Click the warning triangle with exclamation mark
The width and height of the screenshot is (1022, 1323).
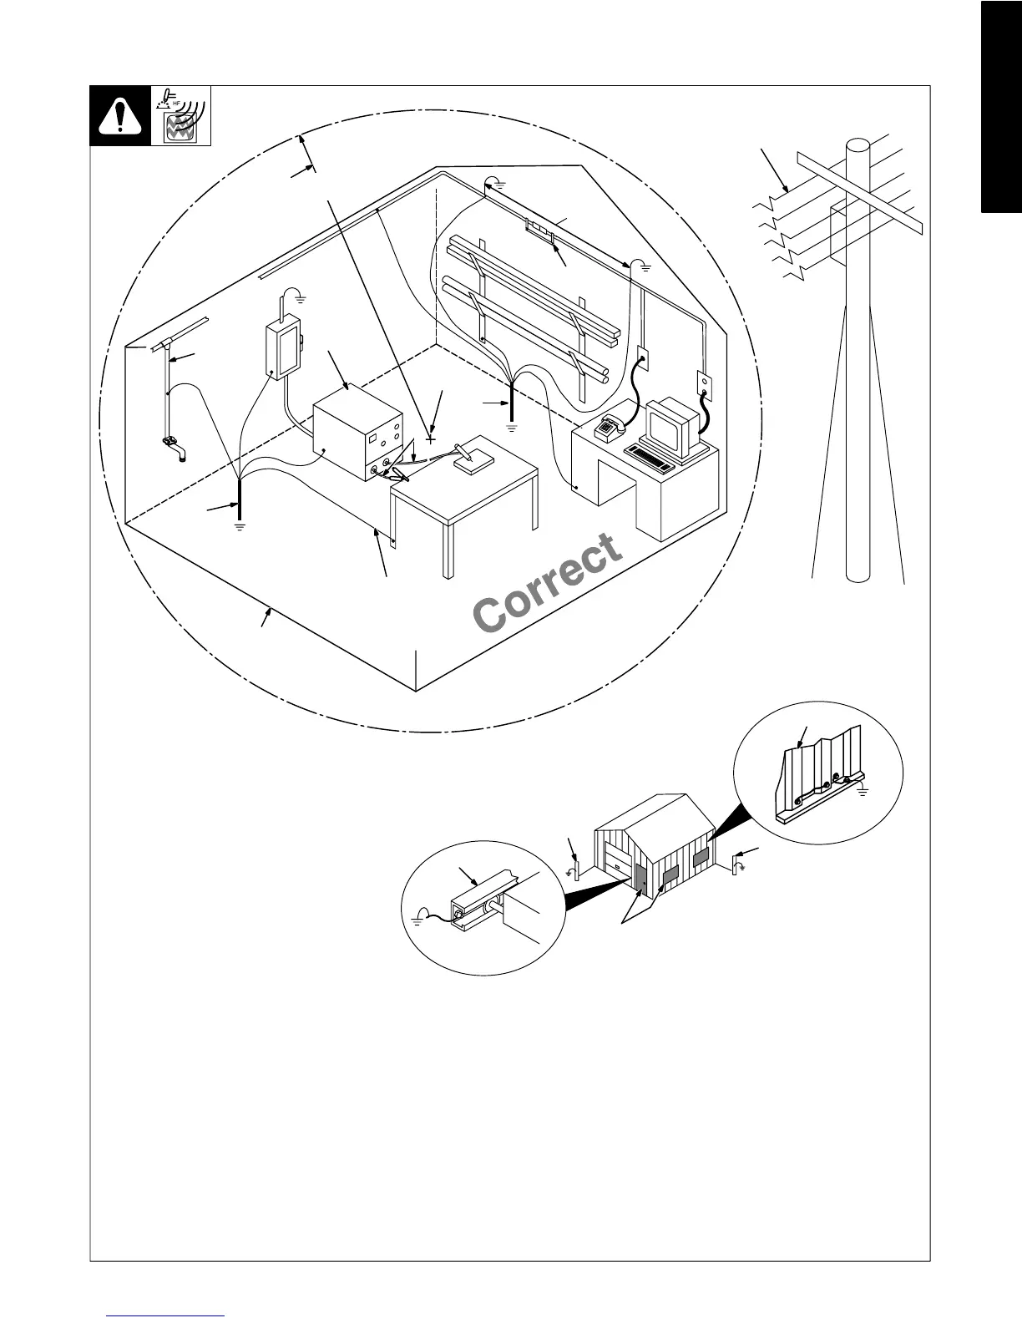point(120,115)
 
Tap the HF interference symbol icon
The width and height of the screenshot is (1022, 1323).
point(181,114)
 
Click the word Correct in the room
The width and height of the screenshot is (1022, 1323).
point(548,581)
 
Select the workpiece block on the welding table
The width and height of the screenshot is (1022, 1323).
point(468,463)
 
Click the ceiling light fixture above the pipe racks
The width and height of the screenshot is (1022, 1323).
point(539,230)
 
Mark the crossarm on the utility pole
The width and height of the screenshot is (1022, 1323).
point(860,191)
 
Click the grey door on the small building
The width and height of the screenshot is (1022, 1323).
point(640,876)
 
